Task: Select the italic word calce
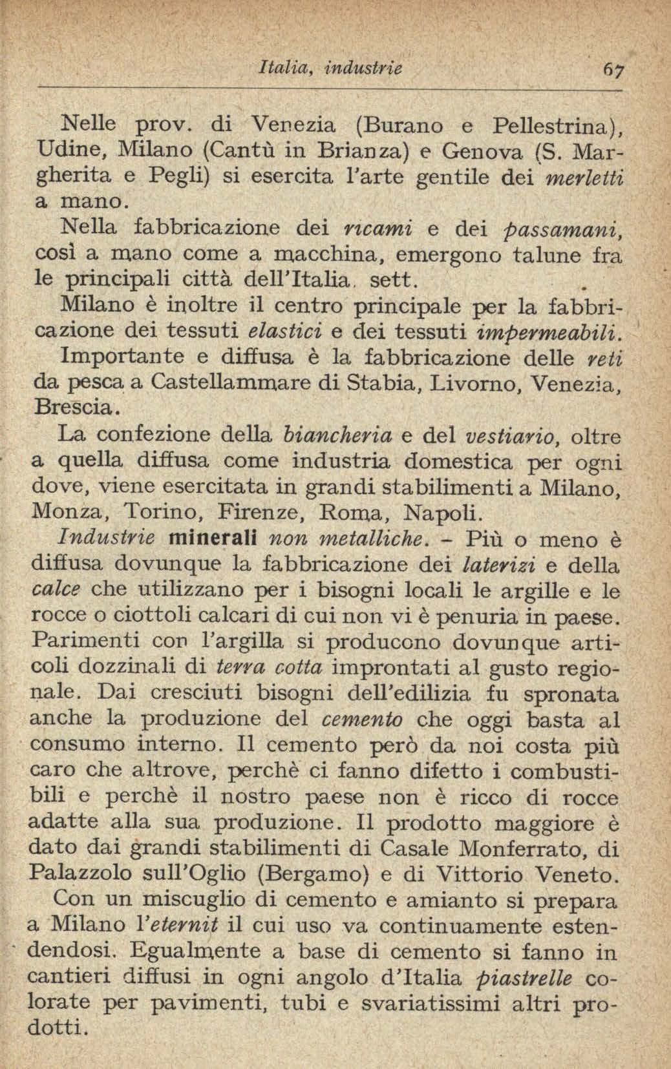(56, 590)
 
